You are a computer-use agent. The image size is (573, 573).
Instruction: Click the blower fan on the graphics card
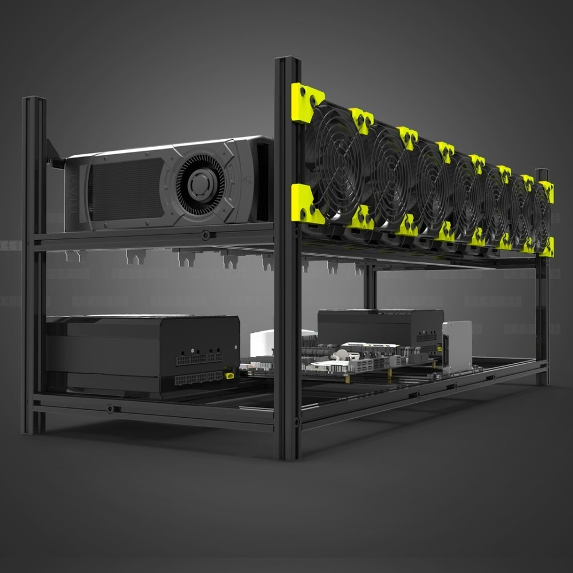pyautogui.click(x=200, y=184)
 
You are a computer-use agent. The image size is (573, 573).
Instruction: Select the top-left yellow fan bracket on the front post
pyautogui.click(x=306, y=103)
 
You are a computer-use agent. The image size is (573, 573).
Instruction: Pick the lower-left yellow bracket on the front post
pyautogui.click(x=305, y=205)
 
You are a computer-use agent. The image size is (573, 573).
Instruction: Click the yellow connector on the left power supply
pyautogui.click(x=229, y=376)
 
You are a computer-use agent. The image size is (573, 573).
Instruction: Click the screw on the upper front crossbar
pyautogui.click(x=205, y=234)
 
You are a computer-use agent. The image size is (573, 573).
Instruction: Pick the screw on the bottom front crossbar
pyautogui.click(x=111, y=409)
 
